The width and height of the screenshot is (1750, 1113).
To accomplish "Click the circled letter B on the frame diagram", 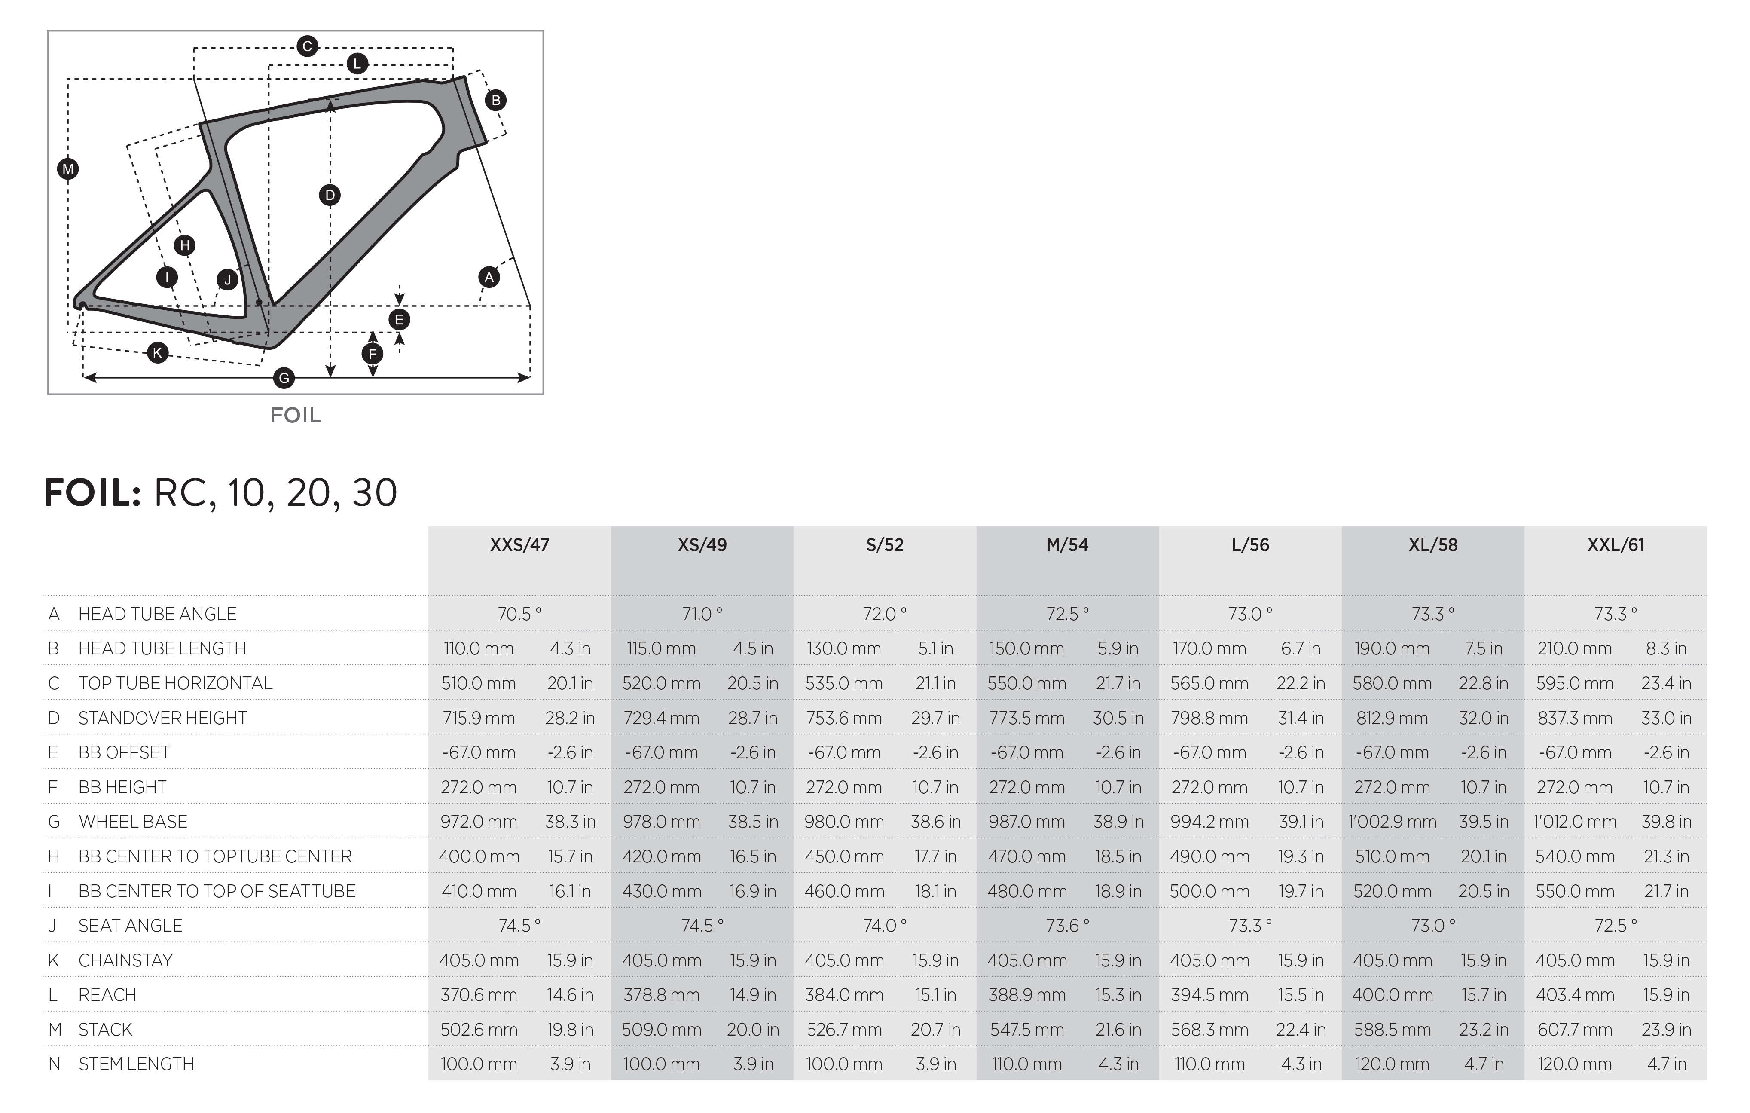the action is pyautogui.click(x=496, y=100).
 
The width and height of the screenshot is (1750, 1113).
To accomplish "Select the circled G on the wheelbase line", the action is pyautogui.click(x=284, y=378).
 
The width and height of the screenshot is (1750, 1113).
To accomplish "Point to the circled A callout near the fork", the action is pyautogui.click(x=489, y=277).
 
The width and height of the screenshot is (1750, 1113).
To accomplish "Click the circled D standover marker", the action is pyautogui.click(x=330, y=195).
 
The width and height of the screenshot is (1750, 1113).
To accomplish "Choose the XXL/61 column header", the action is pyautogui.click(x=1616, y=545).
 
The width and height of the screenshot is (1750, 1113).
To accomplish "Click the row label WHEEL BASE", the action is pyautogui.click(x=133, y=822).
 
